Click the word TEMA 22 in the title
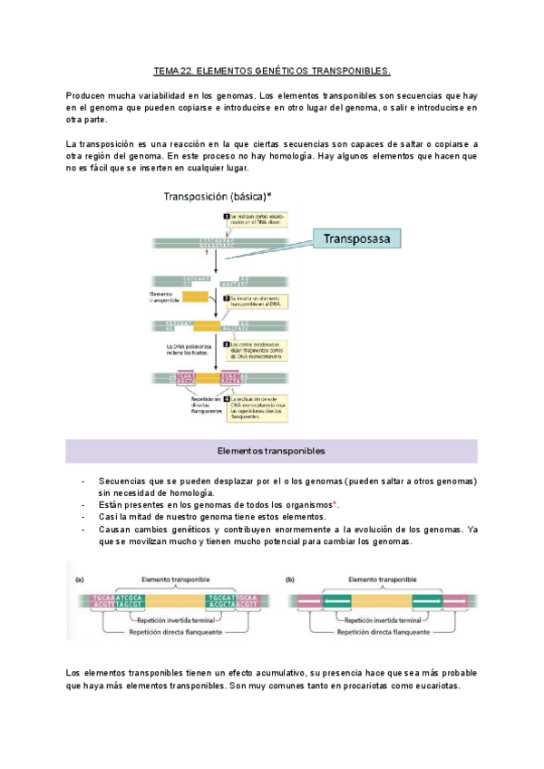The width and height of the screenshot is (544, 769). coord(172,71)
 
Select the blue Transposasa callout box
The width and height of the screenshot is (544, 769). coord(357,238)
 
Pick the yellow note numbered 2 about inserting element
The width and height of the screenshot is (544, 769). coord(257,301)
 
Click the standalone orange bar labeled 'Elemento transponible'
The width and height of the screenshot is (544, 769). coord(194,297)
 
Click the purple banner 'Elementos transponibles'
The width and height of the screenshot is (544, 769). coord(272,451)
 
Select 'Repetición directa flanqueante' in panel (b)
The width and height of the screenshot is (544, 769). coord(381,634)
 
